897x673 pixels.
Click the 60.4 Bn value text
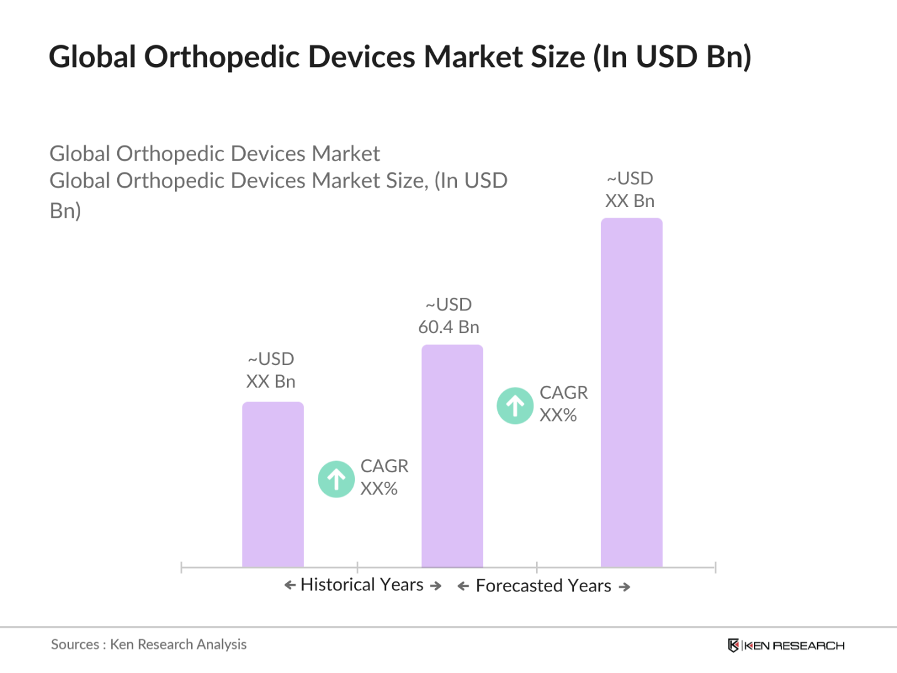449,327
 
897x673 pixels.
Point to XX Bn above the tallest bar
630,201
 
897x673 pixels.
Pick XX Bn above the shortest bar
271,381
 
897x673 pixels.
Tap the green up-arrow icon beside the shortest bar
337,479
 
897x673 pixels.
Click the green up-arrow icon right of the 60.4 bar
515,406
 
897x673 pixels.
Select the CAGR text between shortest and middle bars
384,466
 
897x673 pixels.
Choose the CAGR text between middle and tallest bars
564,393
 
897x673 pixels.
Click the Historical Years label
362,585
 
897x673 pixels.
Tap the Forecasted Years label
543,586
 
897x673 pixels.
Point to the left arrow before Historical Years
290,585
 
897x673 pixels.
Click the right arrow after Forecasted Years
624,587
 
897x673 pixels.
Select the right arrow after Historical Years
436,586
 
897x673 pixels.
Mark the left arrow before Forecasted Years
463,586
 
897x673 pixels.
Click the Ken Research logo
786,645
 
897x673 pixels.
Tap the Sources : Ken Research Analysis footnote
149,644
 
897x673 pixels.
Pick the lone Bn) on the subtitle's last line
65,211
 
